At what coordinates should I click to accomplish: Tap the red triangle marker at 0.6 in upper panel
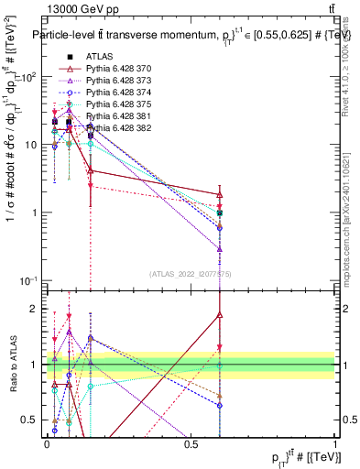[x=220, y=194]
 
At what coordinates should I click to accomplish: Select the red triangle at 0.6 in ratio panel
[x=220, y=314]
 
